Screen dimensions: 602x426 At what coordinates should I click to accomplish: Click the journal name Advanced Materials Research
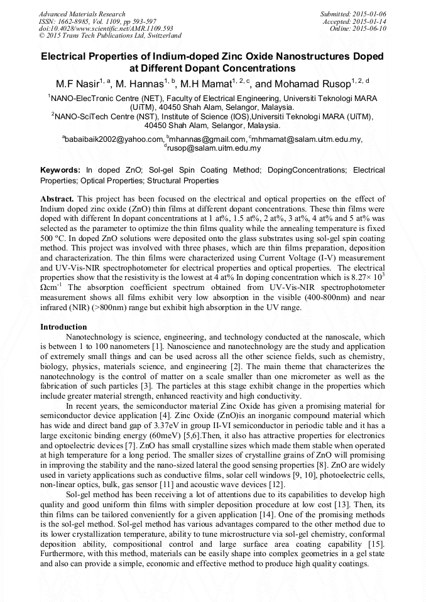(x=82, y=14)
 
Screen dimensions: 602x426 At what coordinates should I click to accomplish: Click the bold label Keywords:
(x=60, y=170)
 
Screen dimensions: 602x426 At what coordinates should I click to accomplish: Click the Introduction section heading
(x=64, y=327)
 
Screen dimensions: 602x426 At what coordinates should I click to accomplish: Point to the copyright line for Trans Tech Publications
(x=111, y=36)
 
